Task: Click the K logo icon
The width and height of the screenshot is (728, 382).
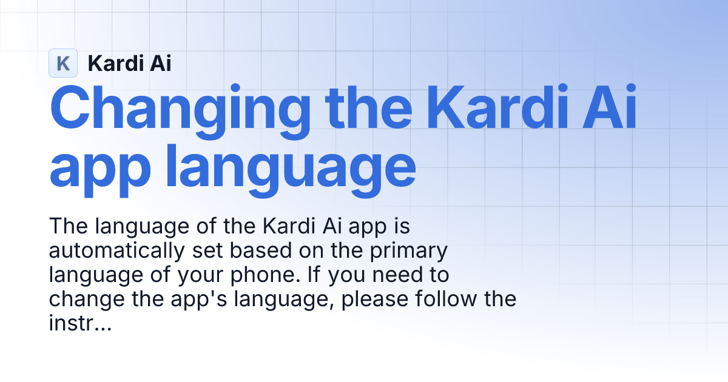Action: [63, 63]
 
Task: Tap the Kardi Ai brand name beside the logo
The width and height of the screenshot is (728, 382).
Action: [129, 63]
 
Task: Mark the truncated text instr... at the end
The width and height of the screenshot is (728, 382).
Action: [79, 323]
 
